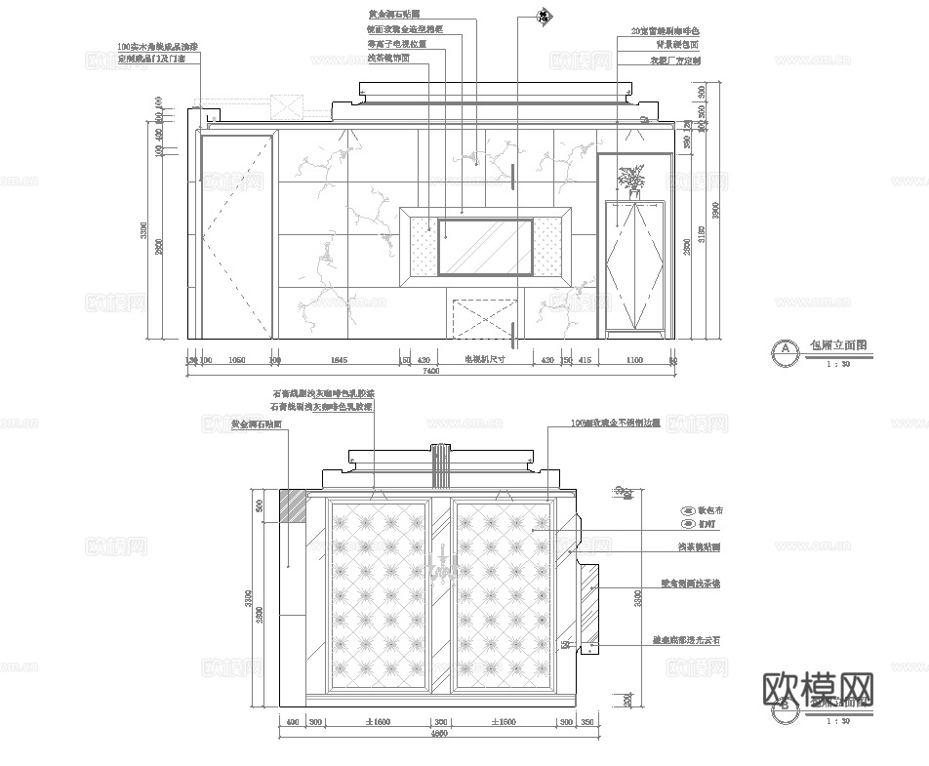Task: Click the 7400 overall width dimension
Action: point(430,371)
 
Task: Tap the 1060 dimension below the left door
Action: point(235,360)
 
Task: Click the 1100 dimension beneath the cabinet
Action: point(633,360)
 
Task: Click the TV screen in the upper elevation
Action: point(485,248)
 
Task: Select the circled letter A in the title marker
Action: point(783,349)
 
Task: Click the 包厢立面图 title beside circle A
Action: point(837,345)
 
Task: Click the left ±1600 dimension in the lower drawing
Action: point(379,722)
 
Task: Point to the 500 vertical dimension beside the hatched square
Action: point(260,506)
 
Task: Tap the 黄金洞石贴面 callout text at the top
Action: point(393,15)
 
